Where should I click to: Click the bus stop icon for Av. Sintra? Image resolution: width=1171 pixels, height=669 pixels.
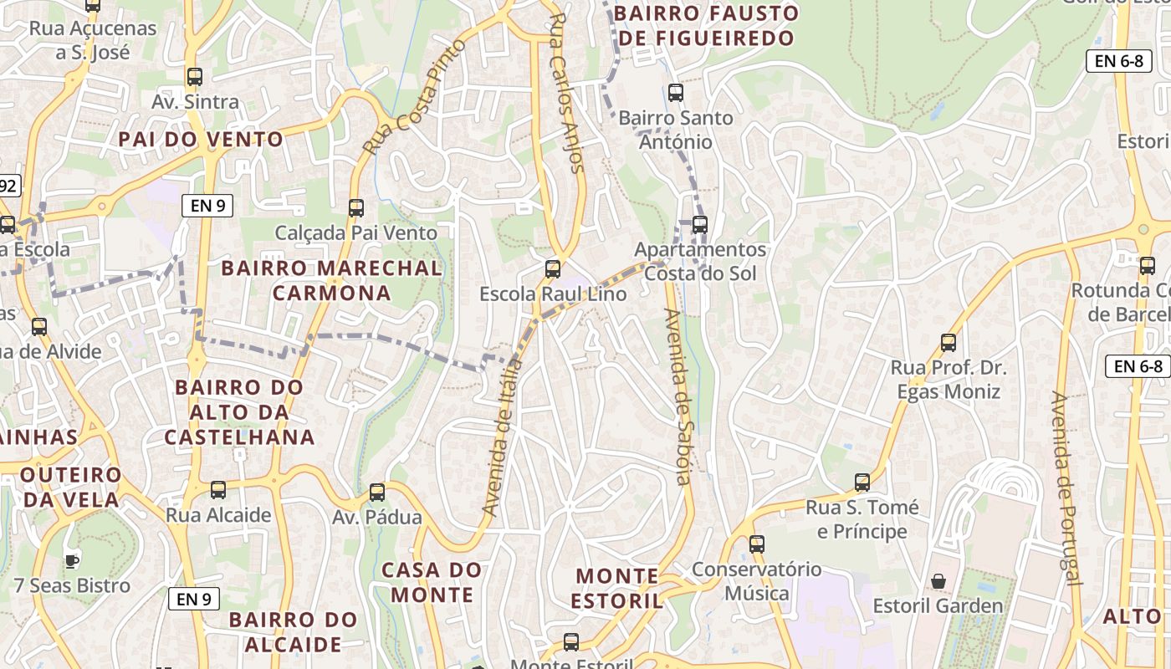pos(195,77)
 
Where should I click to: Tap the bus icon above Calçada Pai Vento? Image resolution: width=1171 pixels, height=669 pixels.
pos(356,207)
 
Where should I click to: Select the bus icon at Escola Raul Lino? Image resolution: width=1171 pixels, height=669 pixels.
pos(552,269)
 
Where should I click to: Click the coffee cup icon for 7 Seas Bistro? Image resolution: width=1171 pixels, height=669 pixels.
pos(72,560)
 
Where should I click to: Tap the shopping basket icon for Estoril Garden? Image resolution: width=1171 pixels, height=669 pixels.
pos(938,580)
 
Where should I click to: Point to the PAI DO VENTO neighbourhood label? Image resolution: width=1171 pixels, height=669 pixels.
pos(201,139)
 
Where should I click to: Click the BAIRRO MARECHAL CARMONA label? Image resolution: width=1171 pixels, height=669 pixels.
pos(331,280)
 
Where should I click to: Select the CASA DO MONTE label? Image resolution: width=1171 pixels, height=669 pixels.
pos(432,582)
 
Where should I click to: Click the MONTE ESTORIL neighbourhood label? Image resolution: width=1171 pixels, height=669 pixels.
pos(619,588)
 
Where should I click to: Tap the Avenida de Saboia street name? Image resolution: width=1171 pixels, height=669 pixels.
pos(678,397)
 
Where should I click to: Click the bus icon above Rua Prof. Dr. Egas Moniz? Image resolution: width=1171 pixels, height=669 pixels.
pos(948,342)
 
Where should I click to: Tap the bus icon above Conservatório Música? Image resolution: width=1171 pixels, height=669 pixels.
pos(756,544)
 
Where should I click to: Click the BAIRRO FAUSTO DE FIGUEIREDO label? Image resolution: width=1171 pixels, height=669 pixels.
pos(706,26)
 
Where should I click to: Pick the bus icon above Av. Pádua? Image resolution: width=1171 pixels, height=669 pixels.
pos(377,492)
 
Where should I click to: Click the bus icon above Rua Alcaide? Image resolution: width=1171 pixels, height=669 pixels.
pos(218,489)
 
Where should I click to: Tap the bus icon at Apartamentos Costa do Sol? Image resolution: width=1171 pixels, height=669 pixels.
pos(700,224)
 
